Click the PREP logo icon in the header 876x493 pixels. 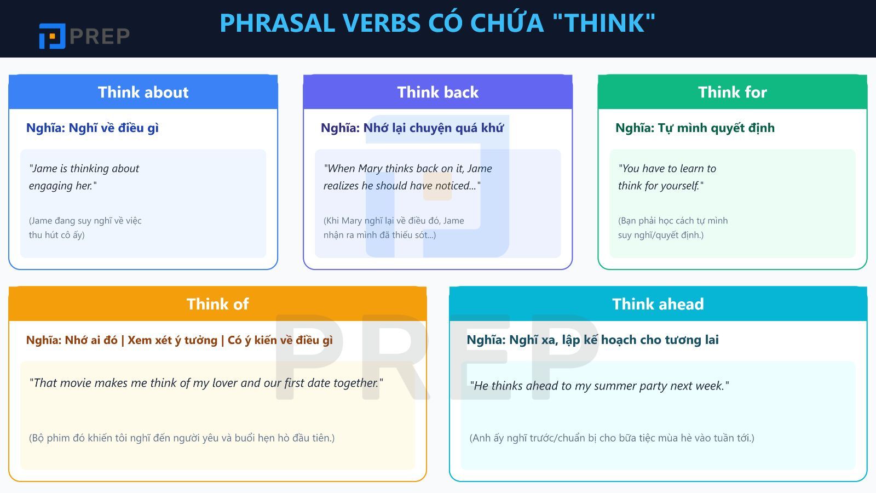pos(52,36)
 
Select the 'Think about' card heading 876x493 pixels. pos(143,92)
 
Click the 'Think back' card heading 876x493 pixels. pos(437,92)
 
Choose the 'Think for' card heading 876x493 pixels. pos(732,92)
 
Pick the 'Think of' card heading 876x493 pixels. pos(217,304)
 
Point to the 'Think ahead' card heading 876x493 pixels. pos(658,304)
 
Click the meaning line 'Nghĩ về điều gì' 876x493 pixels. pos(93,128)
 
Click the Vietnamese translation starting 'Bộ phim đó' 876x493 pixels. pos(181,438)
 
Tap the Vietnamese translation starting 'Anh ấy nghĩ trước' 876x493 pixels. pos(612,438)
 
